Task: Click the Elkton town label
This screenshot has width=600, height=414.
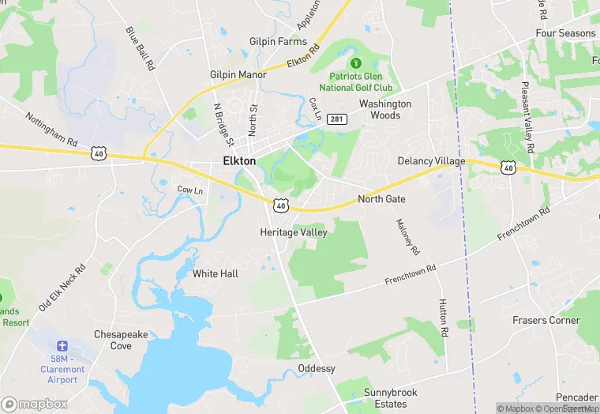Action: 234,160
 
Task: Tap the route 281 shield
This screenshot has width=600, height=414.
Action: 337,119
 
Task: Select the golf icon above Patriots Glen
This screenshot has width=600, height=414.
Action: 355,62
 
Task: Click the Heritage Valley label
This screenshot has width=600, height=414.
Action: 294,232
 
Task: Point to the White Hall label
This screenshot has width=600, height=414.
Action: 216,273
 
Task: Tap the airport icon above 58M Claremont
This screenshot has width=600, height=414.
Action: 62,346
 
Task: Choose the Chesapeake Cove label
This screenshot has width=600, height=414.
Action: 121,340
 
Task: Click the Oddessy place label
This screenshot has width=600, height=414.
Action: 317,369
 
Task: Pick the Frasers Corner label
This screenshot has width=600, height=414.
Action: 546,320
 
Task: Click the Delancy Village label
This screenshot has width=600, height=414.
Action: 431,161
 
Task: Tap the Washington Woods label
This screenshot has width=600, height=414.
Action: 385,109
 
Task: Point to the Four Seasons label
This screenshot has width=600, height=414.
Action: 565,33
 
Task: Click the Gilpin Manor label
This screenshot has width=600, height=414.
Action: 238,74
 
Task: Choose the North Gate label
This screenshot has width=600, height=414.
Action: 381,199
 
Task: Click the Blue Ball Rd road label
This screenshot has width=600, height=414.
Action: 138,49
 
